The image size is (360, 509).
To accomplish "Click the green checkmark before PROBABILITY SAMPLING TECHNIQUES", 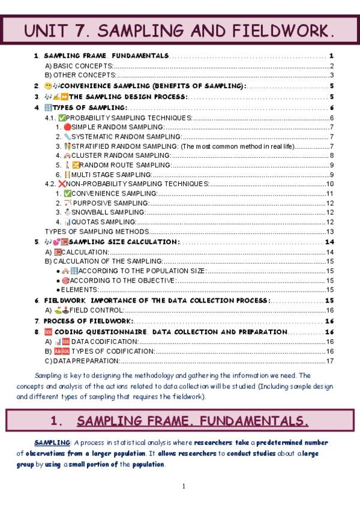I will point(62,118).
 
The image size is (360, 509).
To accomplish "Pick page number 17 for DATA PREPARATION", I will point(329,361).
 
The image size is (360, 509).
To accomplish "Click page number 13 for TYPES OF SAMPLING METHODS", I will point(329,231).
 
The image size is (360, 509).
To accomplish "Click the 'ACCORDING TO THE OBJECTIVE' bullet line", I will point(119,280).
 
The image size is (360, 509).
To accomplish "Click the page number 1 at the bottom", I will point(184,486).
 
